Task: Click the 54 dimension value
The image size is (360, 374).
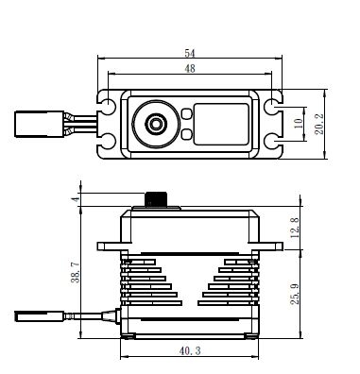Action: (x=190, y=53)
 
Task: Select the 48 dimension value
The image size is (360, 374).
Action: (x=190, y=68)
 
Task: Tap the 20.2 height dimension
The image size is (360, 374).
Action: (x=319, y=124)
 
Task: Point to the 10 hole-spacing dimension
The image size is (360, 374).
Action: (x=299, y=123)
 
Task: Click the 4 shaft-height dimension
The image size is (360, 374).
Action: (x=75, y=199)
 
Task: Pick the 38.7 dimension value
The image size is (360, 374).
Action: (x=75, y=272)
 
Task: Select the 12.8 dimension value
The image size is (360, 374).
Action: (x=295, y=228)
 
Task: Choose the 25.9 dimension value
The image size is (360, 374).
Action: (x=295, y=294)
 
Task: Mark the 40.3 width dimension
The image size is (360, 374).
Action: (x=190, y=350)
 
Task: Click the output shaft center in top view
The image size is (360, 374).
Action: (x=155, y=124)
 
